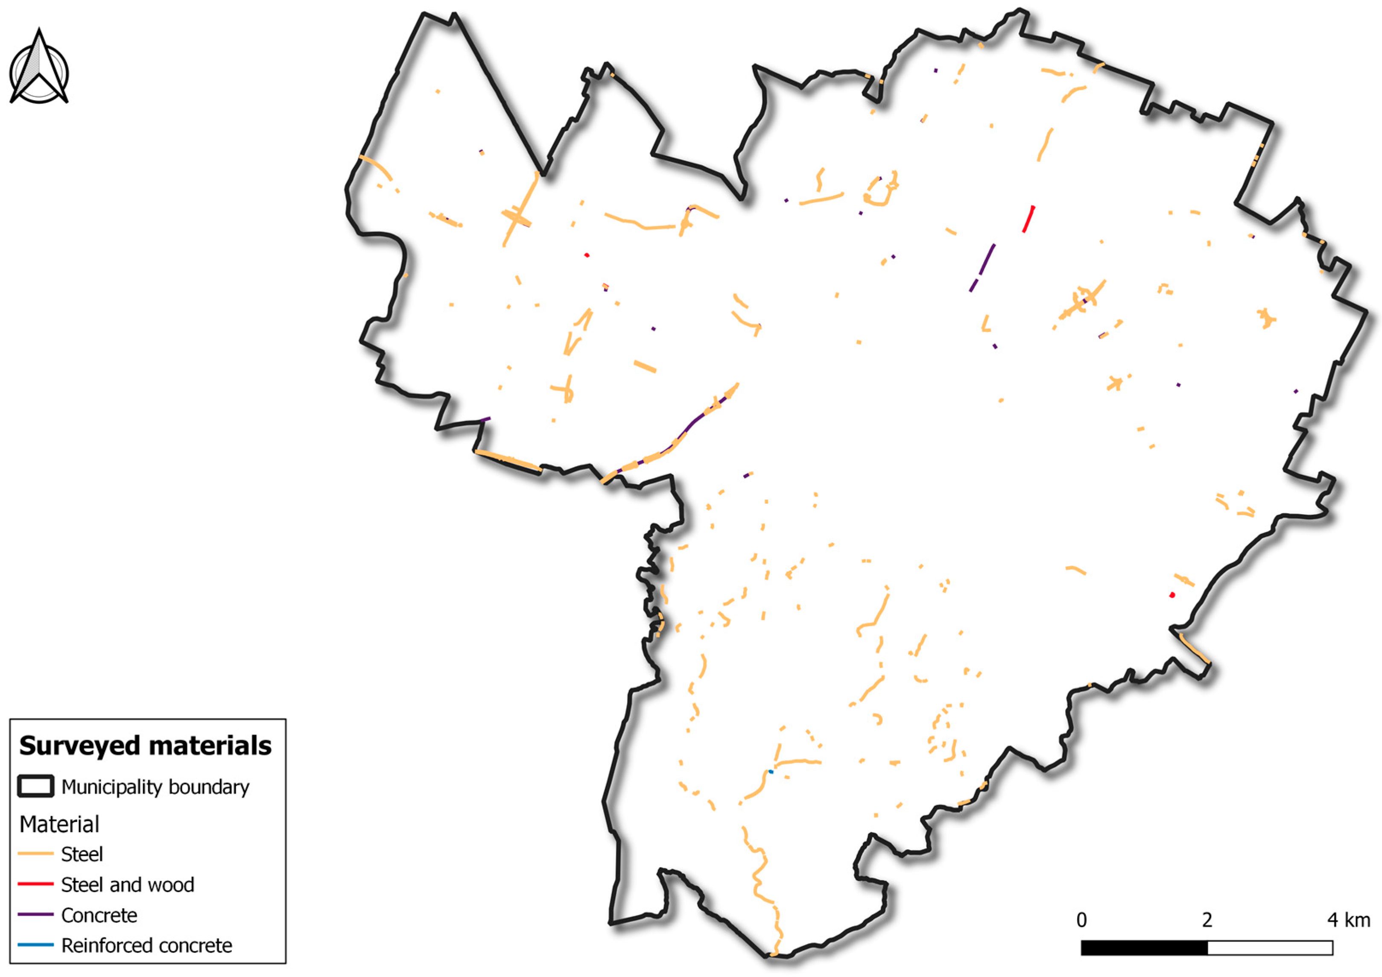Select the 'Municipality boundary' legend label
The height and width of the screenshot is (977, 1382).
[155, 787]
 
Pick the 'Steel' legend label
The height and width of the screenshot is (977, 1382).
[82, 854]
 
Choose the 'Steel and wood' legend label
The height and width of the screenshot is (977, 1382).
[128, 885]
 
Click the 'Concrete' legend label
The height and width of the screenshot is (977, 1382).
[99, 915]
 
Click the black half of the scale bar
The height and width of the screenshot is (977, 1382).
[1144, 948]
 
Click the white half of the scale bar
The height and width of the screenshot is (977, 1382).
[1270, 948]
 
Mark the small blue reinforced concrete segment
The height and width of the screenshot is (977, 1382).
[771, 772]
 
